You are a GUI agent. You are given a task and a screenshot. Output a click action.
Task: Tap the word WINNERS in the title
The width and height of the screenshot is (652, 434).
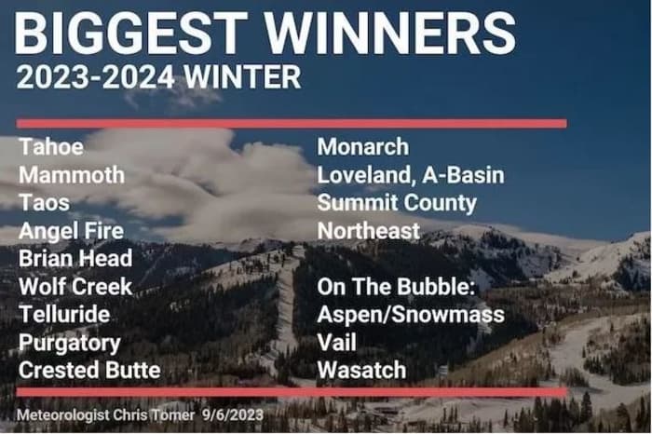click(390, 33)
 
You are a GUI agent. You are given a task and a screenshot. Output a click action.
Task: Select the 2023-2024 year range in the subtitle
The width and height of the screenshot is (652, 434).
click(96, 77)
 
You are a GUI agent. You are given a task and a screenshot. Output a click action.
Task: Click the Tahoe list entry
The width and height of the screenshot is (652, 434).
click(51, 147)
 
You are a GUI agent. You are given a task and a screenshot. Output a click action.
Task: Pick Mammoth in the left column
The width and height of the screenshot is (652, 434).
click(72, 174)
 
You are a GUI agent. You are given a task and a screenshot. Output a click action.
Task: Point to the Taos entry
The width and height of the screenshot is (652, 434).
click(44, 203)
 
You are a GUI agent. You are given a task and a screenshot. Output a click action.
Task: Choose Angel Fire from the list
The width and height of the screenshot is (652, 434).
click(71, 231)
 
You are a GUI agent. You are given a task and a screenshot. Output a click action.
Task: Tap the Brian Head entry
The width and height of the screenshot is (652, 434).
click(75, 259)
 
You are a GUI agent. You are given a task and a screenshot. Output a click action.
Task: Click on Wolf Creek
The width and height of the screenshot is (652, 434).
click(75, 287)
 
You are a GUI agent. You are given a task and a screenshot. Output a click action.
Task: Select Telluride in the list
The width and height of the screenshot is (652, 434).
click(64, 315)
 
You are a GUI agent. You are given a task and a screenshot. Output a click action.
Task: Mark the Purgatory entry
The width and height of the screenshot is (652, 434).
click(70, 344)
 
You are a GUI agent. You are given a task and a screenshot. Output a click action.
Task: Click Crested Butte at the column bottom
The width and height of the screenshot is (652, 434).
click(89, 371)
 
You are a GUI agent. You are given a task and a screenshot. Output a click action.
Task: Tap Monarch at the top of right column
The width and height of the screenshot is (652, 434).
click(363, 147)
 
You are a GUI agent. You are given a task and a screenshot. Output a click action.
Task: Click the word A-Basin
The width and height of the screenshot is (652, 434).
click(463, 174)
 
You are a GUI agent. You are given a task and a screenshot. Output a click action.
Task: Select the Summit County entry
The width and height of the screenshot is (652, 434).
click(397, 203)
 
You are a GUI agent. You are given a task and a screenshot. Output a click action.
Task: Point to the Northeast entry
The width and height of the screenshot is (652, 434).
click(369, 231)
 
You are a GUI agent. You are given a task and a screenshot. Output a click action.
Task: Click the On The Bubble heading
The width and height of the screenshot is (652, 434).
click(396, 287)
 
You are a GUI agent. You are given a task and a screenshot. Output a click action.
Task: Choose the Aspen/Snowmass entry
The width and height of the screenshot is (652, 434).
click(411, 315)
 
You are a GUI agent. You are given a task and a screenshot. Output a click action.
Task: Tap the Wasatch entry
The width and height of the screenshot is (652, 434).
click(361, 371)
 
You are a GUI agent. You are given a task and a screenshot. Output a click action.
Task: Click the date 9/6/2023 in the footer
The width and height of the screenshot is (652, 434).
click(233, 414)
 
